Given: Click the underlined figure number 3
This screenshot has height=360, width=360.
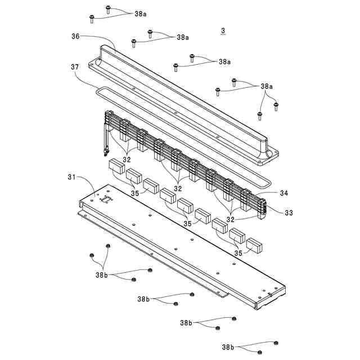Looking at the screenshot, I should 223,30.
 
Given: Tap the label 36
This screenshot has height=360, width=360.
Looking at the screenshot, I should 75,37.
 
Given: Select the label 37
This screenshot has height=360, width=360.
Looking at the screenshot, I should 75,67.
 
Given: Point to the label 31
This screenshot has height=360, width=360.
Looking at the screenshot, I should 72,178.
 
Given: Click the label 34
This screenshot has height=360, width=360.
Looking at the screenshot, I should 283,193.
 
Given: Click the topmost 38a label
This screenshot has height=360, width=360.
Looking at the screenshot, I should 141,13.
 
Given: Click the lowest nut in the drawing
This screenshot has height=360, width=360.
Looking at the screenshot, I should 259,352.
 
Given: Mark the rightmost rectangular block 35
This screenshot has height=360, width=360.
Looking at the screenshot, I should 254,245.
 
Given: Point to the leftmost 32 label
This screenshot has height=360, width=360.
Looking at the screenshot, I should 127,159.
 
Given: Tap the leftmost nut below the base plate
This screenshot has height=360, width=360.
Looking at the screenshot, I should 91,255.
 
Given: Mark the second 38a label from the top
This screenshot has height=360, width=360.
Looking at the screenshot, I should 183,37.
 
